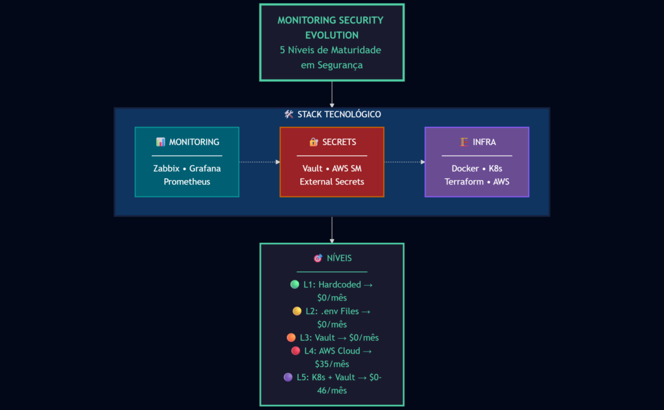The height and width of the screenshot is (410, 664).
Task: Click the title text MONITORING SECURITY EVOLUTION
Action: (x=331, y=27)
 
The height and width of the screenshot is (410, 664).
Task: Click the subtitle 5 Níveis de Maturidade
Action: (x=331, y=50)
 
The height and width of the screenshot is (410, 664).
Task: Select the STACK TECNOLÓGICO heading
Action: (x=338, y=115)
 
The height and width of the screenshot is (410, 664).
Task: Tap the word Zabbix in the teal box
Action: (x=167, y=168)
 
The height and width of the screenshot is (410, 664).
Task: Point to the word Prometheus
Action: (x=187, y=182)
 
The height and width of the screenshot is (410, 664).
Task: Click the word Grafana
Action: (x=205, y=168)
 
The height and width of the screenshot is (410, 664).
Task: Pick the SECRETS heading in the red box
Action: (x=338, y=142)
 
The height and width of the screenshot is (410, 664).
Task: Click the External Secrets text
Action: (x=332, y=182)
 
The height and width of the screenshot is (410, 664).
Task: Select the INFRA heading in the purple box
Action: (x=483, y=142)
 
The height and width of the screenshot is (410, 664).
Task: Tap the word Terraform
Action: (x=465, y=182)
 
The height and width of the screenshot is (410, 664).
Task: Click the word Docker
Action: (x=465, y=168)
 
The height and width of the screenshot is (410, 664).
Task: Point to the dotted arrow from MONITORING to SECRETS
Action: (x=259, y=162)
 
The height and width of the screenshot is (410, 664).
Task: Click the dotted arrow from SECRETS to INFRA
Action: (x=405, y=162)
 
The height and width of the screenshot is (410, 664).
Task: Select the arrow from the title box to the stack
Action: (x=332, y=95)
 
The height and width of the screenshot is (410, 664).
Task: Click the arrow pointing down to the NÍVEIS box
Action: (x=332, y=230)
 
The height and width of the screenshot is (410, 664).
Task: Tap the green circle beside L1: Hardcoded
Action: (x=294, y=284)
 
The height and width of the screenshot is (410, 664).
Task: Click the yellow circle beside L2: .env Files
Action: (x=297, y=311)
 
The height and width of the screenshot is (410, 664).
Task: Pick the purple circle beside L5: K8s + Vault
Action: (x=288, y=377)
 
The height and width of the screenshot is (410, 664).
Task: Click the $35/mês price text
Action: (x=332, y=364)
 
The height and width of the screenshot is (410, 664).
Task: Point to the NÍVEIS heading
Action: (x=339, y=258)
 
